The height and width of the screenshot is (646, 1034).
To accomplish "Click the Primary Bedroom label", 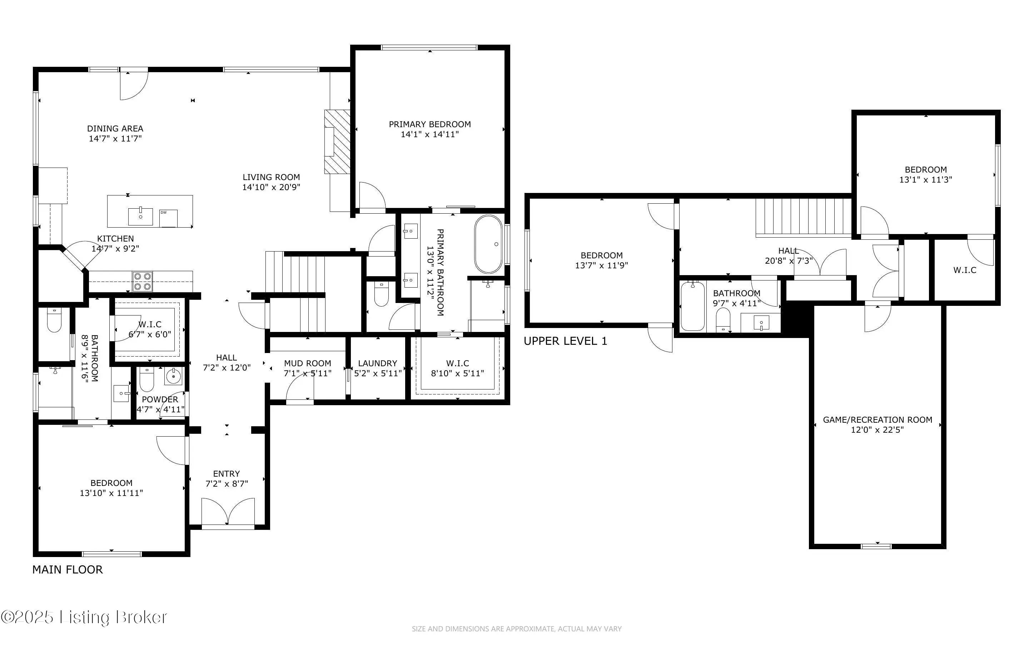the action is [430, 124].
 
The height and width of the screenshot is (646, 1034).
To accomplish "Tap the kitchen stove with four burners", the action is [142, 281].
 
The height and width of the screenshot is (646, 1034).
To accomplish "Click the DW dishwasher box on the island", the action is [168, 218].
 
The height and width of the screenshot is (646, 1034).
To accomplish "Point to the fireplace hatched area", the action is [337, 141].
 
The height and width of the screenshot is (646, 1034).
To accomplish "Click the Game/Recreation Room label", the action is [877, 420].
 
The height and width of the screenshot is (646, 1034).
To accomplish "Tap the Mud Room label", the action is [308, 363].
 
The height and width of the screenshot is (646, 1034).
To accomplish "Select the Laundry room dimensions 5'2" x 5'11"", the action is [378, 373].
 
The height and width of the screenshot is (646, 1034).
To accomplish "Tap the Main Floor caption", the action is [68, 570].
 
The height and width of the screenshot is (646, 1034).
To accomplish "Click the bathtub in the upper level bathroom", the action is [693, 306].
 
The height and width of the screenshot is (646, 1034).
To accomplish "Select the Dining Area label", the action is [115, 129].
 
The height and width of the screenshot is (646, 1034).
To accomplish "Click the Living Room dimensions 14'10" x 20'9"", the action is [271, 187].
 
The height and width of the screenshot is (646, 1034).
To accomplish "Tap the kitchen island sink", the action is [140, 216].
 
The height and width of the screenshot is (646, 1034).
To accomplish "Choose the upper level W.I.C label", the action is [965, 270].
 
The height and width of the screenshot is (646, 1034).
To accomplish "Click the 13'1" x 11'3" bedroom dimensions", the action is [925, 180].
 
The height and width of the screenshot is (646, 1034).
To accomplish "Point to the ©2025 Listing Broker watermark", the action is [84, 617].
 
